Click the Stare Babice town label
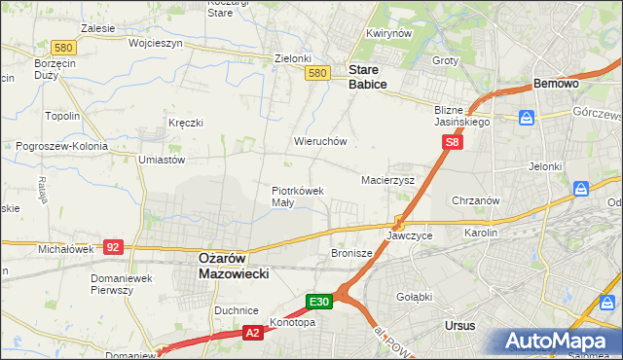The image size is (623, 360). pos(368,77)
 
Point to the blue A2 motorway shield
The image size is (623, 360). pos(252,333)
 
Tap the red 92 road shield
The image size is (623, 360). pos(113,247)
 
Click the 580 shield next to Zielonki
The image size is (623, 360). pos(316,73)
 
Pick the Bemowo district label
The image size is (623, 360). pos(557,85)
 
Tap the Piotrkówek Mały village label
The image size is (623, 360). pos(297,197)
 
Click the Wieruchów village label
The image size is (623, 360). pos(320,141)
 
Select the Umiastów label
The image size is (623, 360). pos(162,159)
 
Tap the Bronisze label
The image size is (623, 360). pos(352,253)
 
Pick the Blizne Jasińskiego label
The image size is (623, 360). pos(461,117)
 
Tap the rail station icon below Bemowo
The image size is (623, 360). pos(527,118)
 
